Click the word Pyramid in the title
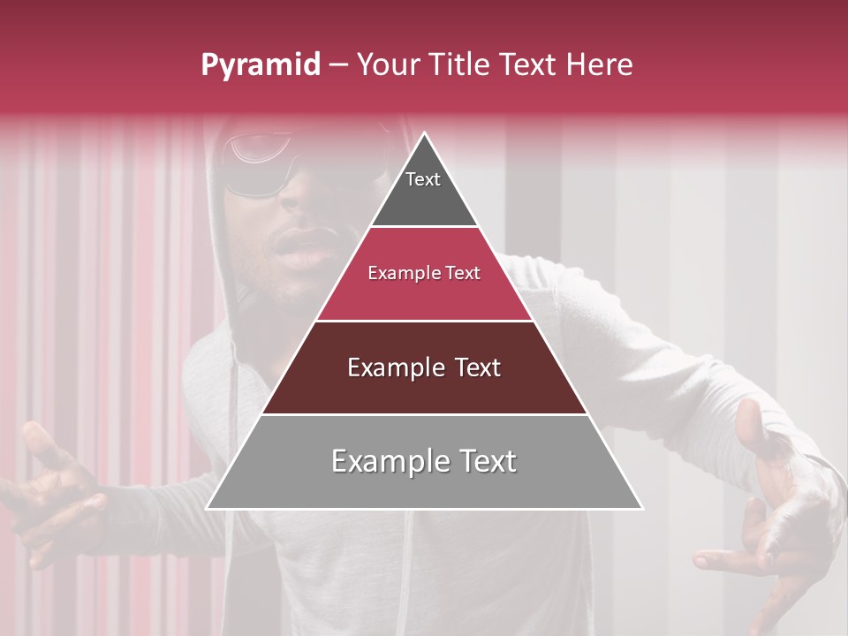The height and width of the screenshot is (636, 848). click(x=260, y=65)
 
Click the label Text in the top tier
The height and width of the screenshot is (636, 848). click(x=423, y=179)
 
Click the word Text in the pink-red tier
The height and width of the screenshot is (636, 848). click(x=462, y=273)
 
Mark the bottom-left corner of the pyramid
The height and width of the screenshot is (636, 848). click(x=208, y=508)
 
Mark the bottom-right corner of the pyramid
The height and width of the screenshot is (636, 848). click(x=641, y=508)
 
